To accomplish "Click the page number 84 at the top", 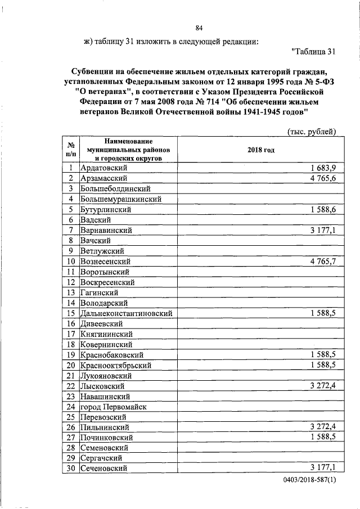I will click(199, 28).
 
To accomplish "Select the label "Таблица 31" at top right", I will click(314, 52).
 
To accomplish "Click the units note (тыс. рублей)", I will click(312, 132).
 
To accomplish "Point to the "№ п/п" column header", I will click(71, 150).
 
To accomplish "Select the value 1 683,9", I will click(323, 168).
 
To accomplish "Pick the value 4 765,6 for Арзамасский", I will click(323, 178).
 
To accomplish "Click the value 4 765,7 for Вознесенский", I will click(323, 262).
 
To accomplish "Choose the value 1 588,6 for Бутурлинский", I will click(323, 210).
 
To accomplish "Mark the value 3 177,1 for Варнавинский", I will click(323, 231).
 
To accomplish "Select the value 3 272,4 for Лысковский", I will click(323, 386).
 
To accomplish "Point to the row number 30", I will click(71, 469).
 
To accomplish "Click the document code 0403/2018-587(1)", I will click(308, 483).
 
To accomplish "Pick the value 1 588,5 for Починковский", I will click(323, 438).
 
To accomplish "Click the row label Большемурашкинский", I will click(121, 199).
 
